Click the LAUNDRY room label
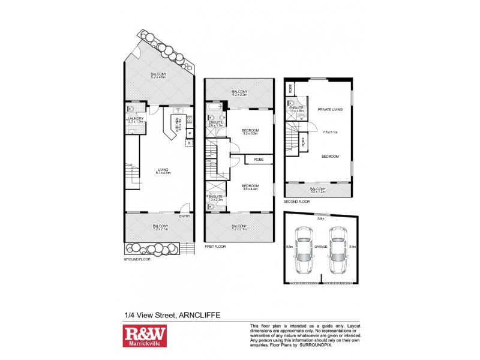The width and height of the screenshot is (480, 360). pyautogui.click(x=136, y=119)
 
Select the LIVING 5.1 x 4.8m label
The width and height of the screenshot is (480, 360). pyautogui.click(x=160, y=170)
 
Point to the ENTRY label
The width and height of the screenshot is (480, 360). pyautogui.click(x=185, y=217)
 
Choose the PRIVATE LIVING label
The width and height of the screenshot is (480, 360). pyautogui.click(x=331, y=109)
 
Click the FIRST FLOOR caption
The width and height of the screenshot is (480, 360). pyautogui.click(x=214, y=246)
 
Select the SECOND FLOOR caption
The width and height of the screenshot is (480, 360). pyautogui.click(x=296, y=202)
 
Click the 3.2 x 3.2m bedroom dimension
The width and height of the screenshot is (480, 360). pyautogui.click(x=250, y=134)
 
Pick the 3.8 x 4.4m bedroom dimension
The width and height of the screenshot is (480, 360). pyautogui.click(x=250, y=190)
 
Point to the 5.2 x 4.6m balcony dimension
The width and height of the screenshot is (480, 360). pyautogui.click(x=160, y=77)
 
